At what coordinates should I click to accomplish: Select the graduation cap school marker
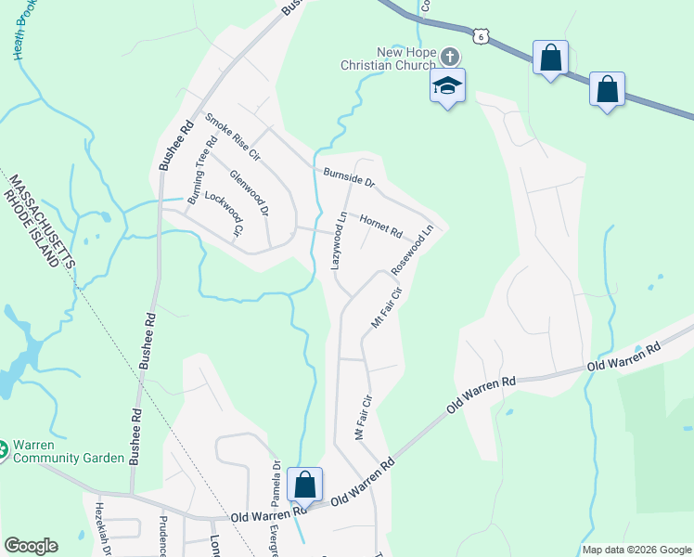[447, 86]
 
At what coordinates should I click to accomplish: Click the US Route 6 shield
[479, 35]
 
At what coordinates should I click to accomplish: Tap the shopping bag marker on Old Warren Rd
[304, 485]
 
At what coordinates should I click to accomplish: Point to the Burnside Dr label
[349, 177]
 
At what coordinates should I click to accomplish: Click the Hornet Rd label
[380, 226]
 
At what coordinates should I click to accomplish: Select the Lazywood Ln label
[339, 240]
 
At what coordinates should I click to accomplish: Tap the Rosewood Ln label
[412, 249]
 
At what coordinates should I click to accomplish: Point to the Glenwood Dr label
[249, 194]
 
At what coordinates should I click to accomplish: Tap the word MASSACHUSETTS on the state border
[38, 217]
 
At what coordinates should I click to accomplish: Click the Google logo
[31, 546]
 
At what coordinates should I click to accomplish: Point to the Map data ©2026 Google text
[636, 550]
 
